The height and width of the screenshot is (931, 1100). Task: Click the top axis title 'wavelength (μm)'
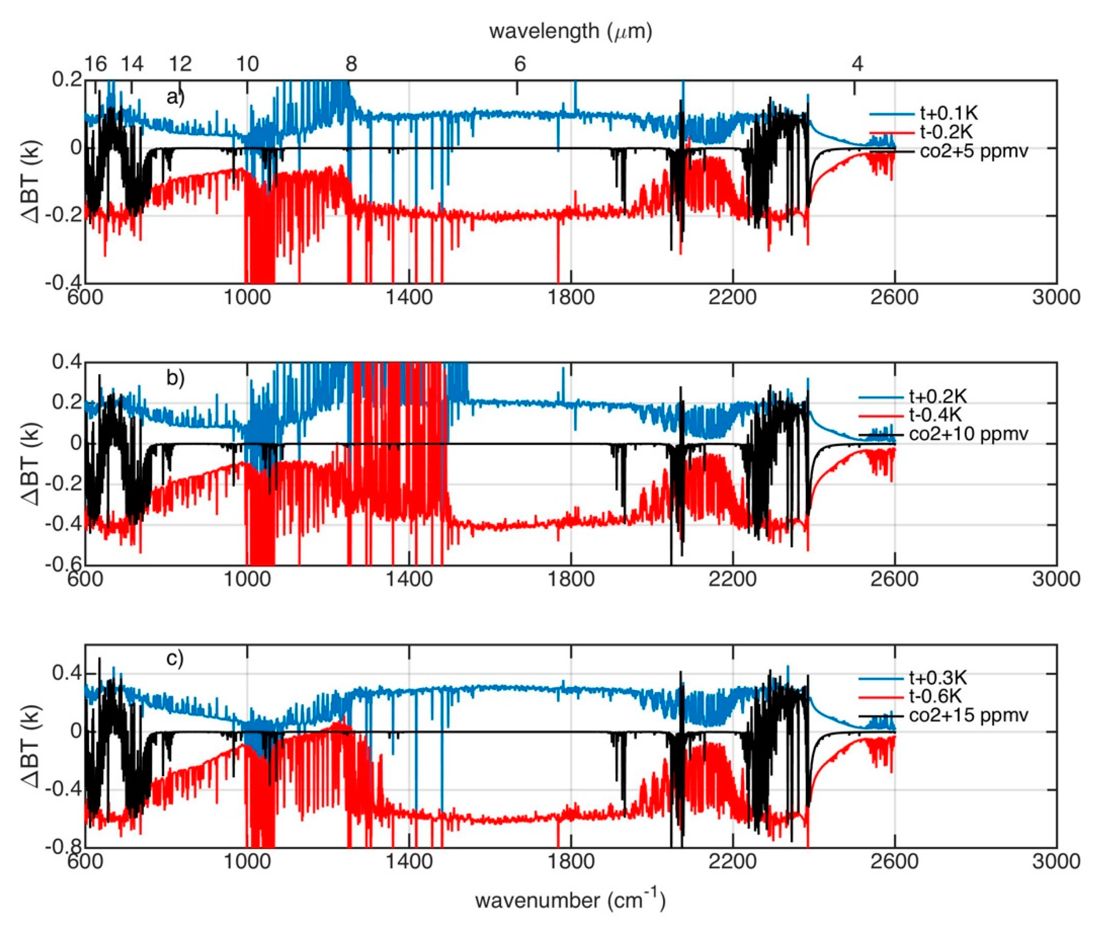[570, 32]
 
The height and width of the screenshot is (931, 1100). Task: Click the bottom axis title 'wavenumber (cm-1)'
[570, 900]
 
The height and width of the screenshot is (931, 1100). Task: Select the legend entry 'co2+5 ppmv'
[974, 152]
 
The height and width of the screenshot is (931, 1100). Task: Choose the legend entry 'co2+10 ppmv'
[968, 434]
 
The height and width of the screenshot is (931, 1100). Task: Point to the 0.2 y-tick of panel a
[67, 80]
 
